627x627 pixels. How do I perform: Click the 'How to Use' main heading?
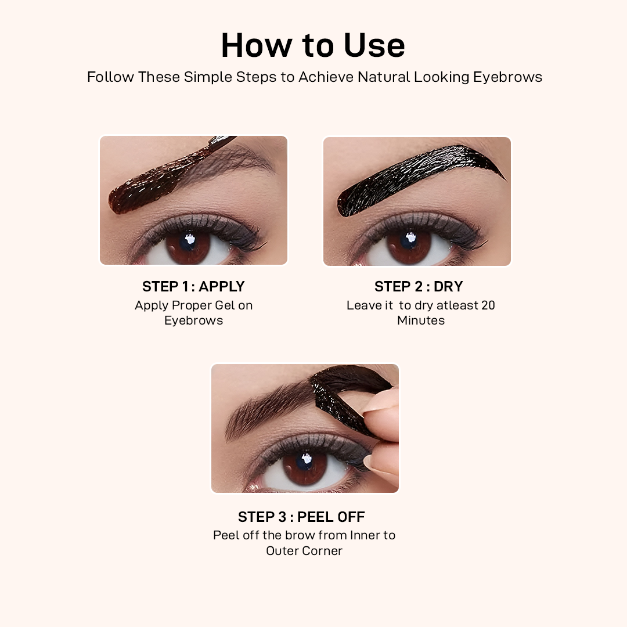click(313, 45)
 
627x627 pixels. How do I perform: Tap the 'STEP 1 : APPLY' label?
click(193, 286)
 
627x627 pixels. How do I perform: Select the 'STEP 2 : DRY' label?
click(419, 286)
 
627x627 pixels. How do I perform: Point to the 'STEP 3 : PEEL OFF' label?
click(301, 517)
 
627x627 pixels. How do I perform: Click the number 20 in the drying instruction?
click(487, 305)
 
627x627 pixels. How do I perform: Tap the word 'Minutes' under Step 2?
click(421, 320)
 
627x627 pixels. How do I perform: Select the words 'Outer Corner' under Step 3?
click(304, 550)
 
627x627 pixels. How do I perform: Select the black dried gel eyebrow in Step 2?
click(418, 174)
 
